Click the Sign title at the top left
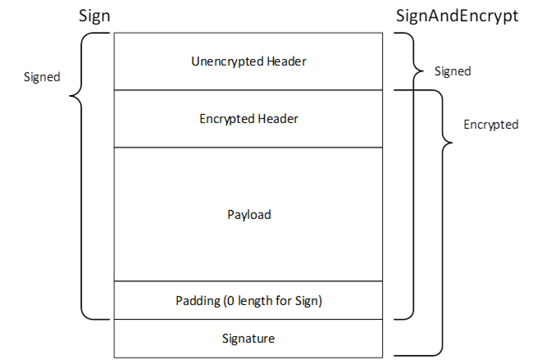coord(94,16)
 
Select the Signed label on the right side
coord(452,71)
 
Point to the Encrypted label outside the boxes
coord(490,125)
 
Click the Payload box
coord(248,215)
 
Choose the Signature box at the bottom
coord(248,338)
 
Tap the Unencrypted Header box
coord(248,61)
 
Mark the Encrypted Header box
coord(248,119)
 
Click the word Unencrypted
coord(221,61)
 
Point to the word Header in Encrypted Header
coord(280,119)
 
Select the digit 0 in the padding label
coord(226,302)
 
